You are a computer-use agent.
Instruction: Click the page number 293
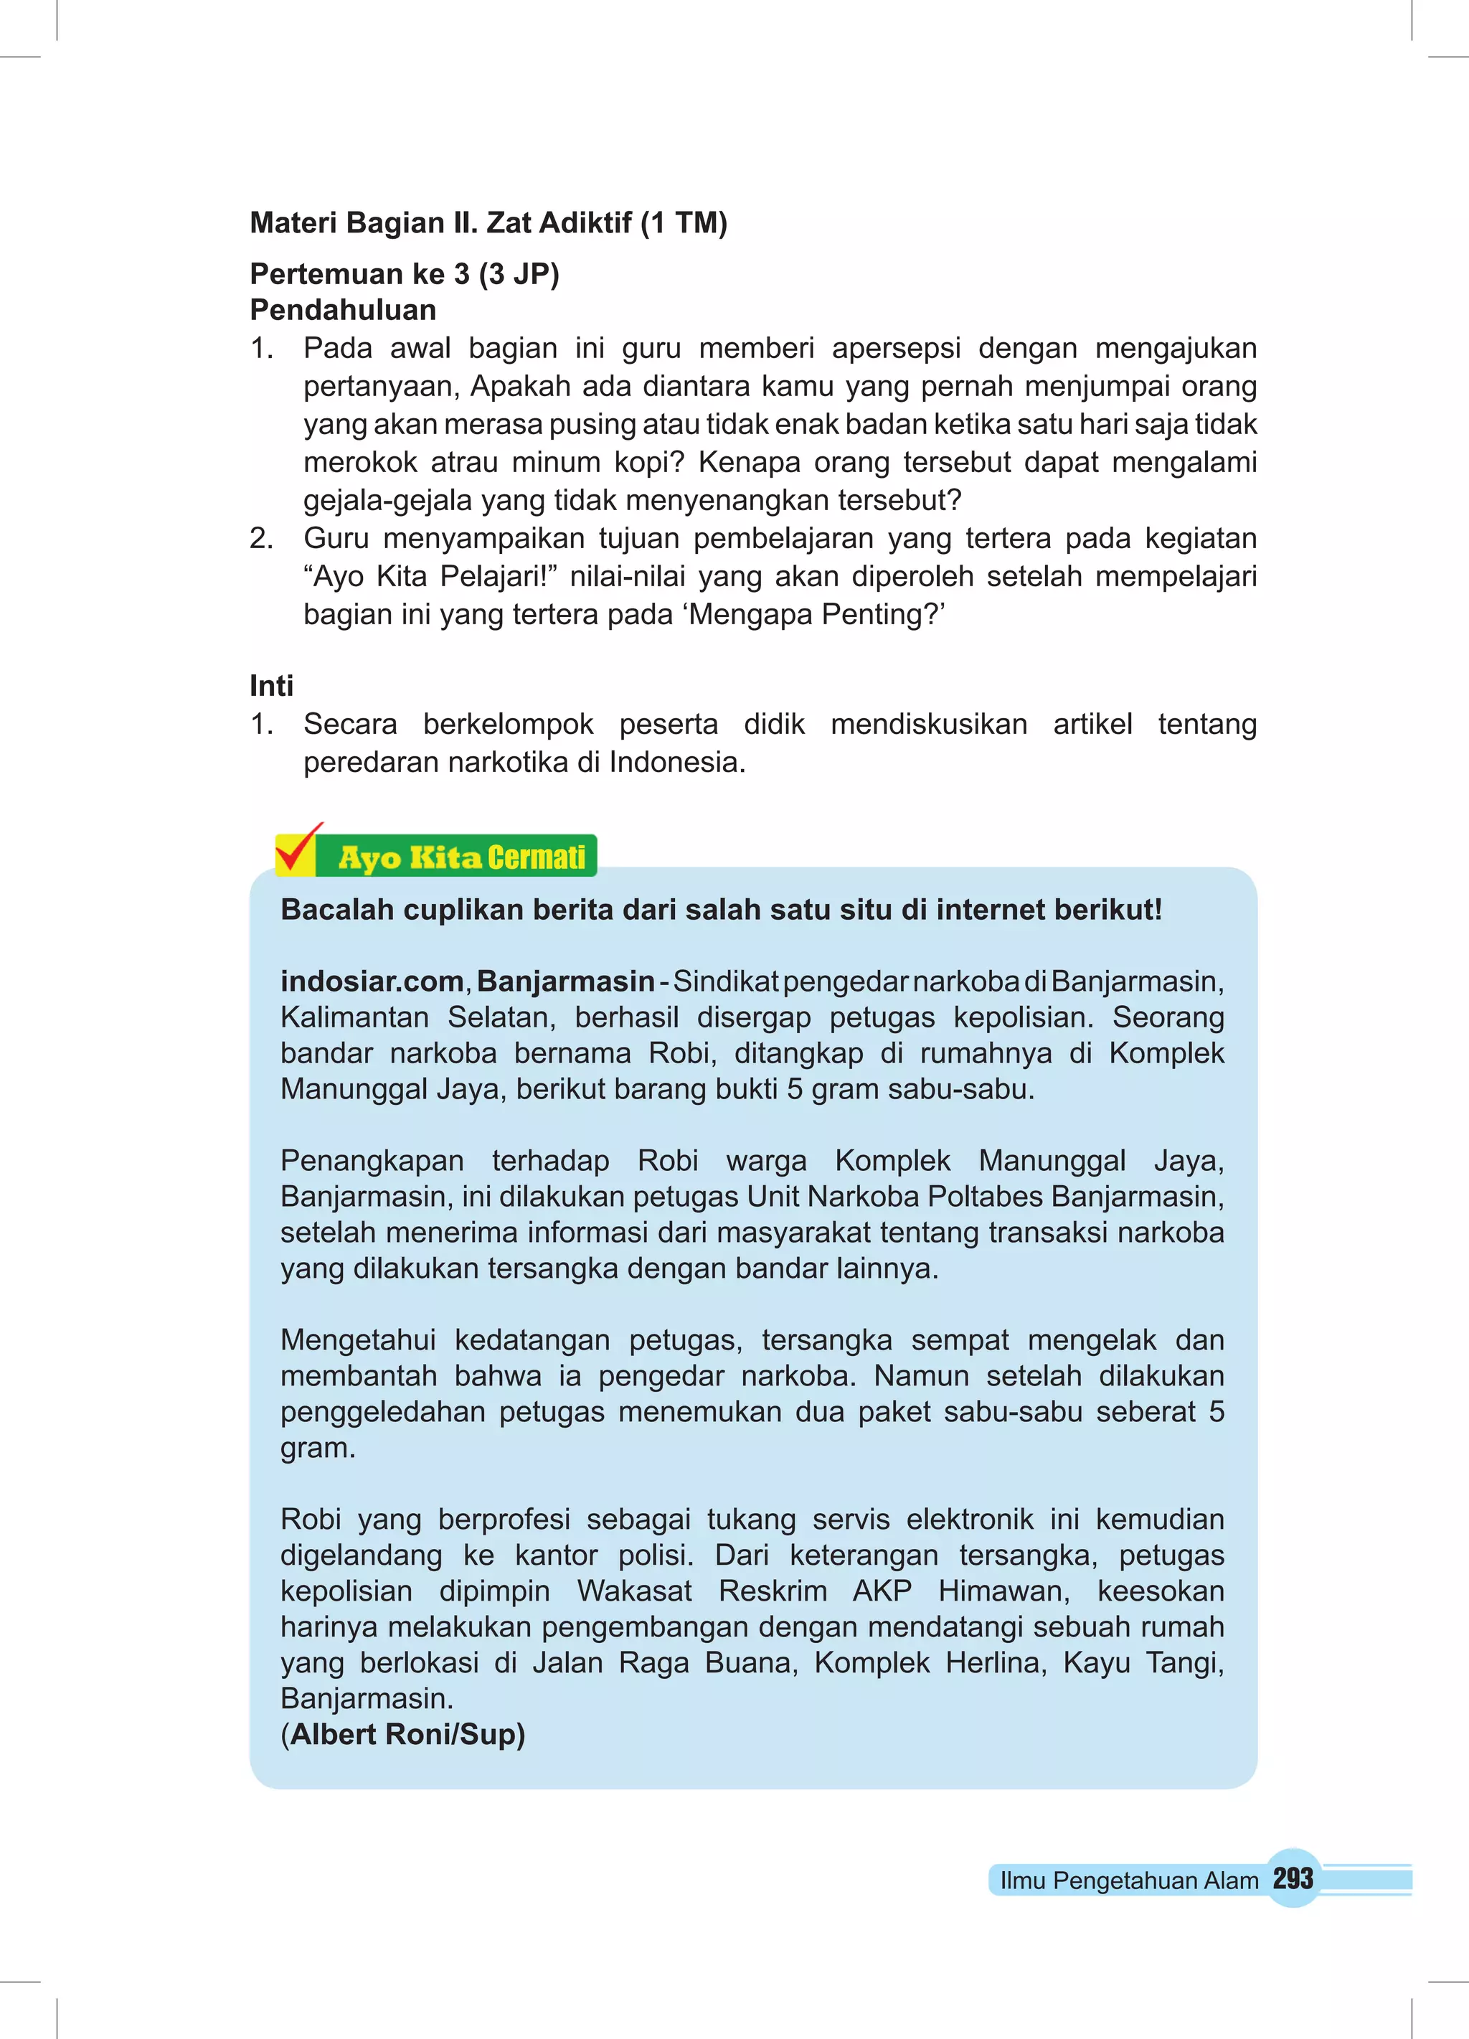coord(1293,1878)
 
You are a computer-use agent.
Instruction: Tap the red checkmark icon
coord(298,849)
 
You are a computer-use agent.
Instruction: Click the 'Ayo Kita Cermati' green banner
coord(461,857)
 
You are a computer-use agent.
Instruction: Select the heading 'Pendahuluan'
coord(343,310)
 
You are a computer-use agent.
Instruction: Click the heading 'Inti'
coord(272,686)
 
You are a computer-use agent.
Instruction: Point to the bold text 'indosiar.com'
coord(372,981)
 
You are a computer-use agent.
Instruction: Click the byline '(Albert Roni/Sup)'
coord(403,1733)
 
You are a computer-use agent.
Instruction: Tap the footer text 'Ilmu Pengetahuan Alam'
coord(1128,1880)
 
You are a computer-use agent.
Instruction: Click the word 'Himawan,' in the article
coord(1003,1591)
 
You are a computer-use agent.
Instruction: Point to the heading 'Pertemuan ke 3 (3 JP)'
coord(405,273)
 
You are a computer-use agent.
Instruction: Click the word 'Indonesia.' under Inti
coord(677,763)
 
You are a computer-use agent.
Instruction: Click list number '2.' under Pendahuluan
coord(262,539)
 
